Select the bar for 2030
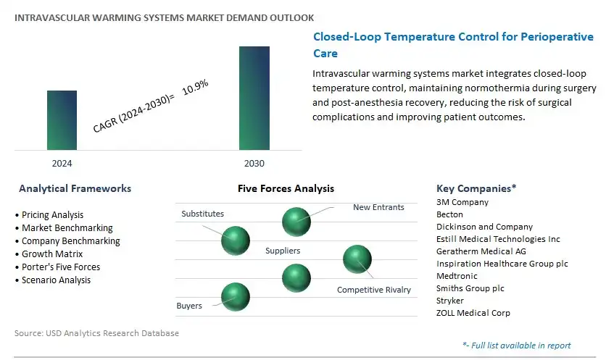(254, 99)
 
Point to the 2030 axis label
(254, 164)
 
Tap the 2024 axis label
(62, 164)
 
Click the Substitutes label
(202, 214)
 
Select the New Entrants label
(378, 207)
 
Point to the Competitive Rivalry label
(373, 290)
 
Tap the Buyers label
(189, 306)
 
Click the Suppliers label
(283, 251)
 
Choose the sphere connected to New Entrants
(296, 220)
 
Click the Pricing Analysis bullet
(52, 215)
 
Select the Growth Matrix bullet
(52, 254)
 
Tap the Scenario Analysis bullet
(56, 280)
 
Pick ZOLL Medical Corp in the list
(473, 313)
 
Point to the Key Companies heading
(476, 188)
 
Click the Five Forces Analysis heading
(286, 188)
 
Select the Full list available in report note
(516, 346)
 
